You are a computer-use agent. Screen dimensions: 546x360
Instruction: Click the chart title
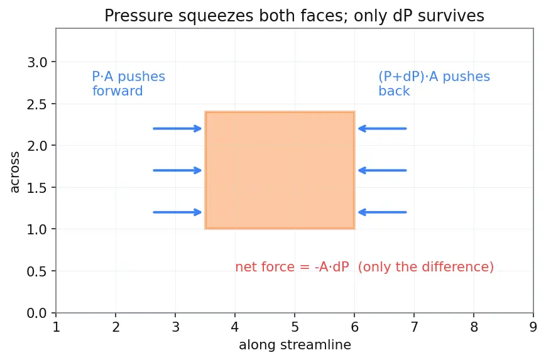coord(294,16)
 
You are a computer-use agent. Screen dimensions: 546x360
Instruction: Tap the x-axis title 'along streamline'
coord(295,345)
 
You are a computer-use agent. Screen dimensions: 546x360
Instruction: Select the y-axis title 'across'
coord(14,172)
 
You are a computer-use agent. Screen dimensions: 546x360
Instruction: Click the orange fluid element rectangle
coord(280,170)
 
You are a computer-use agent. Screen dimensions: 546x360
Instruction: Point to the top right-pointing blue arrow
coord(177,128)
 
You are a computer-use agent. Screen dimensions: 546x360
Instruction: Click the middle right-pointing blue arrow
coord(177,170)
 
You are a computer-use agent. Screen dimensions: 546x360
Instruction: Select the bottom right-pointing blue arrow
coord(177,212)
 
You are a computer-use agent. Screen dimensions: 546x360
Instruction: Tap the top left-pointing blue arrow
coord(383,128)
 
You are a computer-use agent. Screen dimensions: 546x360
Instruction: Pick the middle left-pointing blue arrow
coord(383,170)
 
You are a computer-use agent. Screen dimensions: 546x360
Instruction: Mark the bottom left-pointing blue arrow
coord(383,212)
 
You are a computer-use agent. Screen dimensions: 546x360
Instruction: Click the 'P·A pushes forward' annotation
coord(129,84)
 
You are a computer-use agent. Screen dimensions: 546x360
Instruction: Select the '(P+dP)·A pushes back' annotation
coord(434,84)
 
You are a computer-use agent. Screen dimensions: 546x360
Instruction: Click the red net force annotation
coord(364,267)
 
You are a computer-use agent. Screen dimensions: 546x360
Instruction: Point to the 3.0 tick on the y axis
coord(53,62)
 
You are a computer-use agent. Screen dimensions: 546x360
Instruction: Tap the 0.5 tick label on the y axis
coord(36,271)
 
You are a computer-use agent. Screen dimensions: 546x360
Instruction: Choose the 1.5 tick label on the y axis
coord(36,188)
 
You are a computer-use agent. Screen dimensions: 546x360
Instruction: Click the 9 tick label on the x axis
coord(533,327)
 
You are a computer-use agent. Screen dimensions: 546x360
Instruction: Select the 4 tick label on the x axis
coord(235,327)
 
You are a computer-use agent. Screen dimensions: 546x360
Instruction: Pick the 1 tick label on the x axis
coord(56,327)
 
